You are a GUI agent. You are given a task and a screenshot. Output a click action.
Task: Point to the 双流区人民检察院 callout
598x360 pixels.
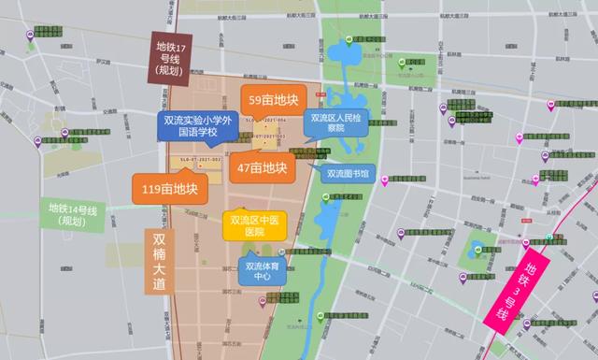coord(334,123)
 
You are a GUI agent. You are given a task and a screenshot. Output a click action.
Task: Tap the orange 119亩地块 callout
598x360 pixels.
coord(166,188)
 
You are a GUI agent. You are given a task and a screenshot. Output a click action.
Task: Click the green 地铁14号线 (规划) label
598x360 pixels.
coord(74,214)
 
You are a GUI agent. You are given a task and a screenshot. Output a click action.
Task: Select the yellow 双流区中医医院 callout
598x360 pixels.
coord(253,225)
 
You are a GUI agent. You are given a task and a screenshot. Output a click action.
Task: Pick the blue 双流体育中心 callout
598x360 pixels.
coord(264,270)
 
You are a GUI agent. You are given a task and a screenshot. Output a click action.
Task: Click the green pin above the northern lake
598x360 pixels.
coord(349,39)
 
